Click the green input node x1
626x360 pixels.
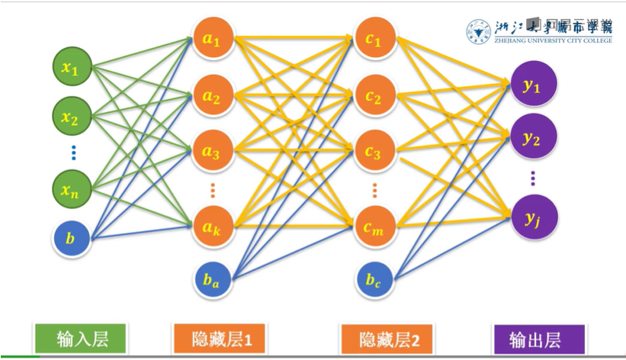pos(70,69)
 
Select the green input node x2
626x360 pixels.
pos(70,118)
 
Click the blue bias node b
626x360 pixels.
pos(70,239)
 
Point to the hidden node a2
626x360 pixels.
pos(211,97)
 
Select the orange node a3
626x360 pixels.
pos(211,152)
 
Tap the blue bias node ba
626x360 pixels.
pos(211,281)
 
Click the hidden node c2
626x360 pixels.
pos(373,97)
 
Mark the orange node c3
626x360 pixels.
pos(373,152)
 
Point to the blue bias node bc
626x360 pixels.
pos(373,281)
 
